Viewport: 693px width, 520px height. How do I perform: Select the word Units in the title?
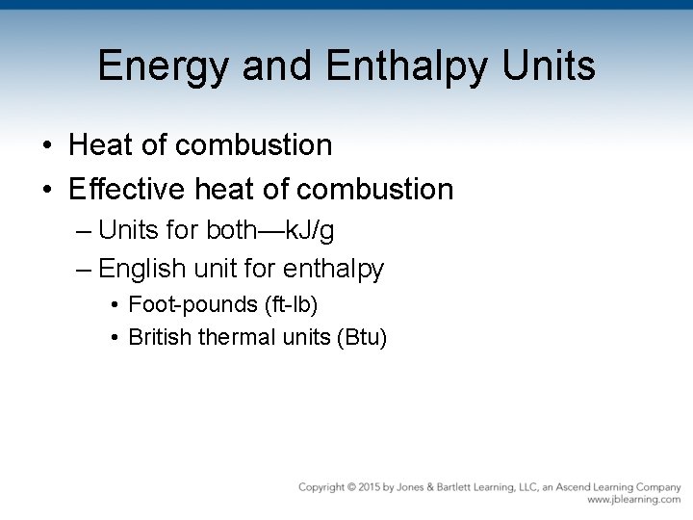click(x=550, y=65)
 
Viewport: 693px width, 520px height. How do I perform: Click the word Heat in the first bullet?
click(x=100, y=145)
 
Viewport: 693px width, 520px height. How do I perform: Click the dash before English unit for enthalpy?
click(x=84, y=269)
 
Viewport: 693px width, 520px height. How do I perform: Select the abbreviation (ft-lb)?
click(x=290, y=305)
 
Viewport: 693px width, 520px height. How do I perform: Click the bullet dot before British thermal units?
click(x=115, y=338)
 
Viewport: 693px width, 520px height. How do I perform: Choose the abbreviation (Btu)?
click(x=358, y=338)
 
